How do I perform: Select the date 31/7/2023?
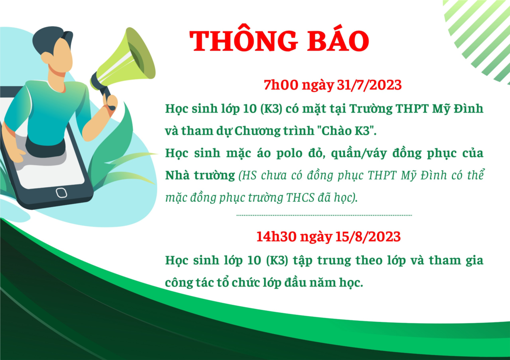click(369, 85)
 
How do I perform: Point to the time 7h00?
click(281, 85)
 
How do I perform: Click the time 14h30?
click(276, 237)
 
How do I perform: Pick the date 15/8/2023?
click(368, 237)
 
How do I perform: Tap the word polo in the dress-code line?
click(289, 153)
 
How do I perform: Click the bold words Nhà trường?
click(200, 175)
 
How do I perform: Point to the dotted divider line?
click(324, 215)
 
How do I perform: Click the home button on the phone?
click(61, 193)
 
